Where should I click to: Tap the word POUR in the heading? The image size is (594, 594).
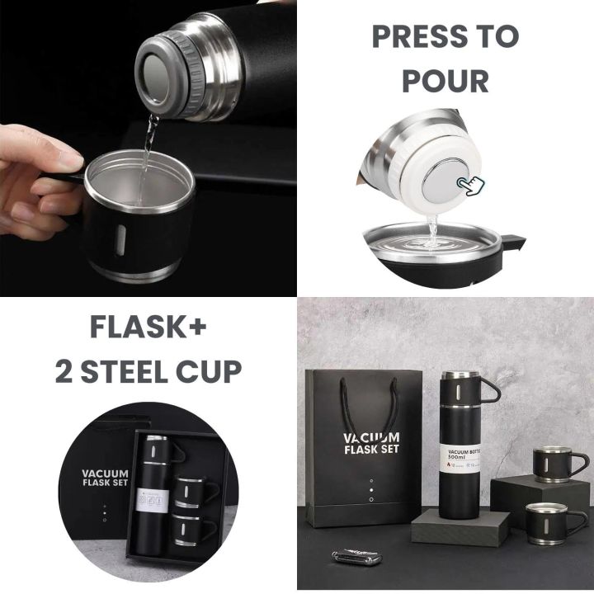pyautogui.click(x=446, y=81)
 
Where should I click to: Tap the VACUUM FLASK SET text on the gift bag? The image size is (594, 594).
pyautogui.click(x=372, y=443)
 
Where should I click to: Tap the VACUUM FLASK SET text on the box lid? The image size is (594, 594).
pyautogui.click(x=104, y=479)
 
